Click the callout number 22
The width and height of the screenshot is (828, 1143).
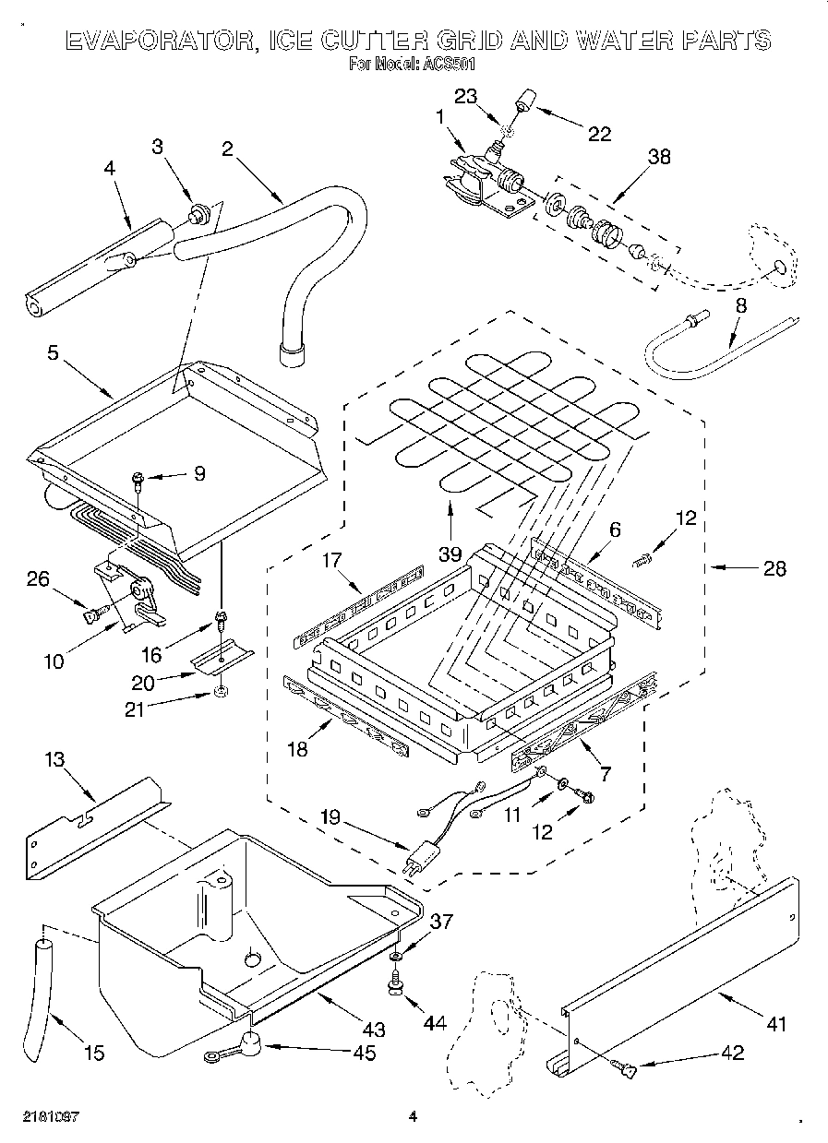pos(600,134)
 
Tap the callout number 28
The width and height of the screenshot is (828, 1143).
pos(774,568)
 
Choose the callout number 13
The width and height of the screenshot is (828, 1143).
pos(55,758)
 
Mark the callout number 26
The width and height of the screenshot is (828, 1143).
pos(37,578)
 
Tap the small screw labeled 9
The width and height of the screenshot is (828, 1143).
pos(138,478)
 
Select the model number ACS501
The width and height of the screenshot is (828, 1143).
pos(448,65)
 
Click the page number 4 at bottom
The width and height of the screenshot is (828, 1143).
pos(413,1116)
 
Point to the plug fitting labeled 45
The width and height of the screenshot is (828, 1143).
pos(247,1044)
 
